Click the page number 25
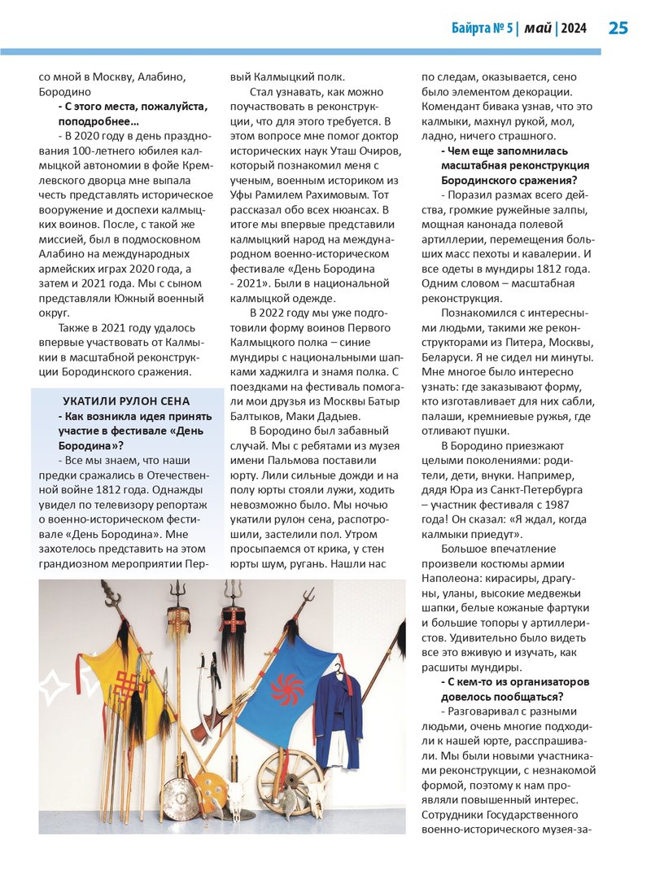pyautogui.click(x=618, y=28)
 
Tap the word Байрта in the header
pyautogui.click(x=472, y=28)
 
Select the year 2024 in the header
pyautogui.click(x=574, y=28)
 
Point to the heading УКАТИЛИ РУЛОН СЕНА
pyautogui.click(x=126, y=400)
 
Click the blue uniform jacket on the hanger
pyautogui.click(x=338, y=716)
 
